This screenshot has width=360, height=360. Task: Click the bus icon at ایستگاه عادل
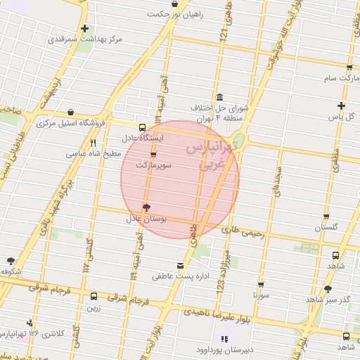pyautogui.click(x=143, y=127)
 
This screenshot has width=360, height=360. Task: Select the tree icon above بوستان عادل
pyautogui.click(x=146, y=207)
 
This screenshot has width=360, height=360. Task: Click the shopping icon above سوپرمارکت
pyautogui.click(x=153, y=154)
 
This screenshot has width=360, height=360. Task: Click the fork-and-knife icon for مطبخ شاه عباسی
pyautogui.click(x=94, y=142)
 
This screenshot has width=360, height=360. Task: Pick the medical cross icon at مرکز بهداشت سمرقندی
pyautogui.click(x=85, y=29)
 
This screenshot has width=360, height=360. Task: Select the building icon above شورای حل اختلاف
pyautogui.click(x=220, y=97)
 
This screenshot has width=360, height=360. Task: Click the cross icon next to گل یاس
pyautogui.click(x=340, y=105)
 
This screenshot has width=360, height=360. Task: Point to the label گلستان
pyautogui.click(x=326, y=228)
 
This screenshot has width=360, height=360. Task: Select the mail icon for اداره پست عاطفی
pyautogui.click(x=181, y=265)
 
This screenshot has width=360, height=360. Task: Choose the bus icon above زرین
pyautogui.click(x=94, y=296)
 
